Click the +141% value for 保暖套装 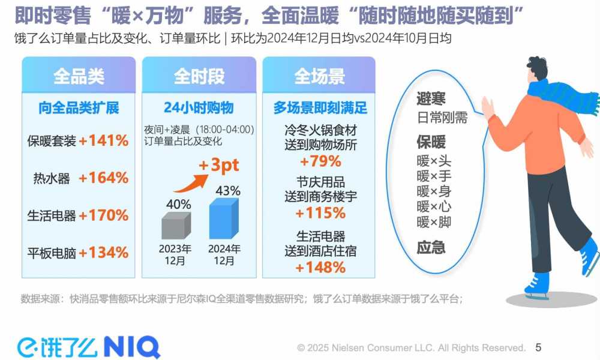tap(104, 141)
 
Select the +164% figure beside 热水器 tap(104, 178)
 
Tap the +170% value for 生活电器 tap(104, 215)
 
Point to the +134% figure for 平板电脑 tap(104, 252)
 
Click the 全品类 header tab tap(79, 76)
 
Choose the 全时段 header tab tap(199, 76)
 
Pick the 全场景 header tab tap(319, 76)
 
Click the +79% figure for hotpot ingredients tap(320, 161)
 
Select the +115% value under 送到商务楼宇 tap(320, 213)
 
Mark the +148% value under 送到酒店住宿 tap(320, 268)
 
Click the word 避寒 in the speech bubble tap(431, 99)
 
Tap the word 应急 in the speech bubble tap(431, 247)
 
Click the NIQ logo tap(131, 347)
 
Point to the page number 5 tap(538, 347)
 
